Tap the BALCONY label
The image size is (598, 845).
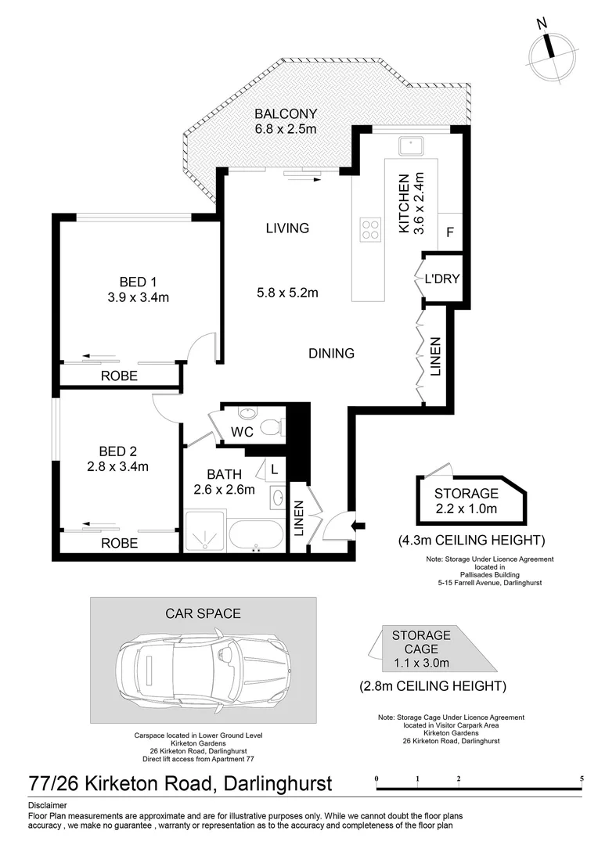coord(285,114)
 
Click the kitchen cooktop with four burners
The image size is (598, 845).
coord(369,228)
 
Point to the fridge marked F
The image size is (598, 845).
coord(449,232)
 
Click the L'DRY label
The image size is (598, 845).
coord(441,279)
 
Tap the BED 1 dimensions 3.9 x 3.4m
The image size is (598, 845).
coord(139,297)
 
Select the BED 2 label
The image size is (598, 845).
coord(118,451)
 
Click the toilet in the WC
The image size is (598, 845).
coord(271,427)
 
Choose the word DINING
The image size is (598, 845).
coord(332,354)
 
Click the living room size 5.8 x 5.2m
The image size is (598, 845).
coord(286,293)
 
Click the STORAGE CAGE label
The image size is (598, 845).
coord(421,642)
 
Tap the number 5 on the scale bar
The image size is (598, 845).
coord(582,779)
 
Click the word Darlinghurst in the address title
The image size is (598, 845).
coord(279,783)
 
